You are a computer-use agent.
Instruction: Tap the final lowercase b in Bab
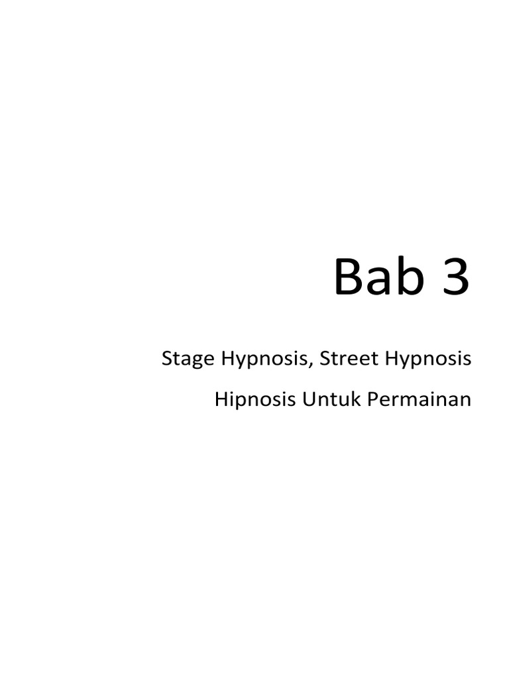pyautogui.click(x=409, y=277)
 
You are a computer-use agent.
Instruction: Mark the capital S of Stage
pyautogui.click(x=167, y=360)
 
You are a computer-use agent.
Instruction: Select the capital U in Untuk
pyautogui.click(x=308, y=401)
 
